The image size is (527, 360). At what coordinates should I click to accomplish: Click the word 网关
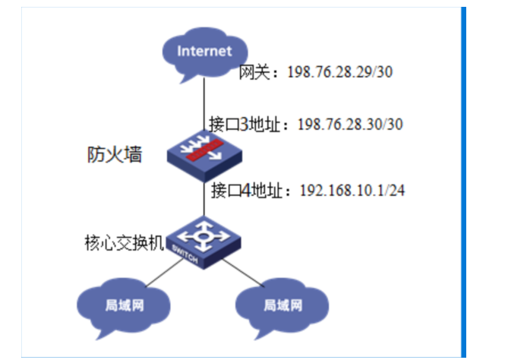[251, 73]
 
